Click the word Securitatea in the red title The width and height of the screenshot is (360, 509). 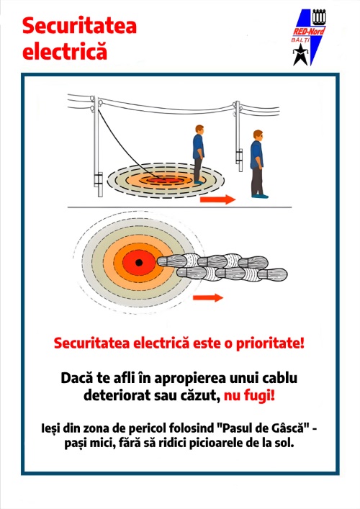tap(79, 26)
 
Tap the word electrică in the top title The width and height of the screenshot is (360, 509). tap(65, 51)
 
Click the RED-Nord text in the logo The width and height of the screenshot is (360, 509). tap(309, 31)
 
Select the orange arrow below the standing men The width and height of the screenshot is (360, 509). tap(217, 199)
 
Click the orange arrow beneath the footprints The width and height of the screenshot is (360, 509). tap(208, 297)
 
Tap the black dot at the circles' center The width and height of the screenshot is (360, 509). tap(139, 262)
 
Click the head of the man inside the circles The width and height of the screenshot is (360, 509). tap(199, 130)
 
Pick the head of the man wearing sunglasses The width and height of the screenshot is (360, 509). tap(258, 135)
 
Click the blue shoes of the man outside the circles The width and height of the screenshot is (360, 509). tap(260, 196)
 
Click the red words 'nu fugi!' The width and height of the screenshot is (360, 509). tap(249, 396)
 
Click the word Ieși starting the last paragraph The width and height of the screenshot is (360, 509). tap(50, 428)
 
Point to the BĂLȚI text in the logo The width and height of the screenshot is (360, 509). tap(300, 40)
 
